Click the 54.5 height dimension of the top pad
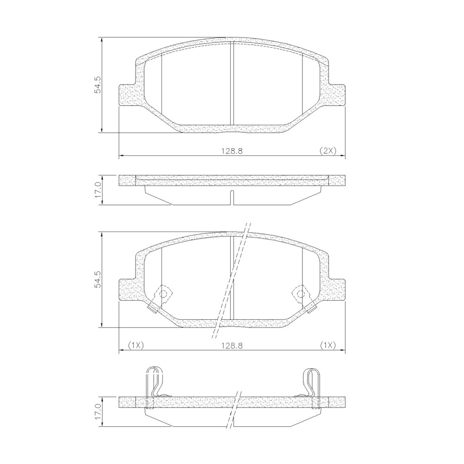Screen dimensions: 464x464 97,85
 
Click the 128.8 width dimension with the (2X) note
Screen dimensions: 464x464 232,151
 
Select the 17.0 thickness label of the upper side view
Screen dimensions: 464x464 97,190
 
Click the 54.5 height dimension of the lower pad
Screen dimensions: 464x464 97,279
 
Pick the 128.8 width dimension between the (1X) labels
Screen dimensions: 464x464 232,345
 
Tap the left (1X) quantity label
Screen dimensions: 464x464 135,345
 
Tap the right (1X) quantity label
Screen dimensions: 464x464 328,345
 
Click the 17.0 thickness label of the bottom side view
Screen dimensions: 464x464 97,412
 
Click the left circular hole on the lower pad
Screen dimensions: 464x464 163,294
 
